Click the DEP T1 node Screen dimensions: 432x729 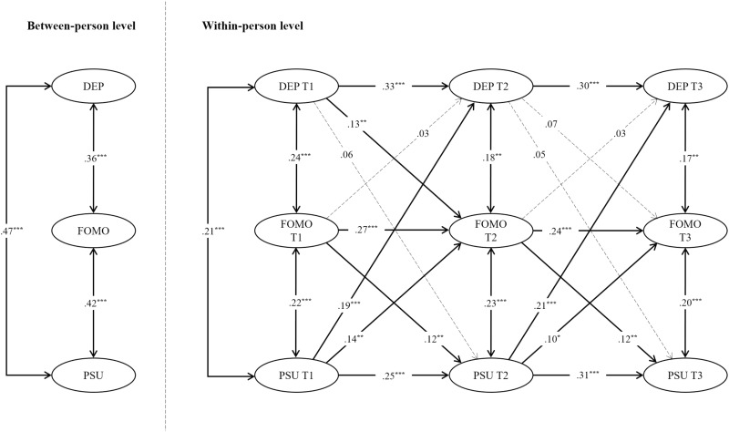pyautogui.click(x=297, y=87)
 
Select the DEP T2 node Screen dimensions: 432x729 pyautogui.click(x=493, y=87)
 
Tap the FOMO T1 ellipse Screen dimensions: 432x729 pyautogui.click(x=297, y=230)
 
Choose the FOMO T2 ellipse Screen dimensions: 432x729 pyautogui.click(x=493, y=230)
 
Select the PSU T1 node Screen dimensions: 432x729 pyautogui.click(x=297, y=373)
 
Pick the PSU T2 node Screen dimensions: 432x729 pyautogui.click(x=493, y=373)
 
